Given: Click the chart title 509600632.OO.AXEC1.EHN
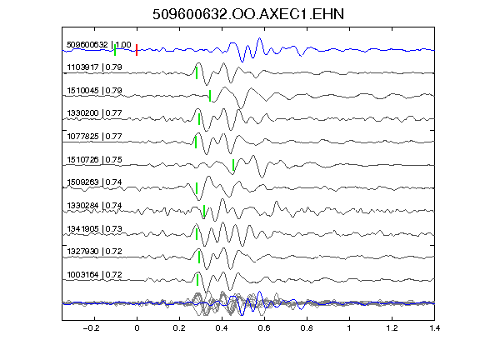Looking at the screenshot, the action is (248, 14).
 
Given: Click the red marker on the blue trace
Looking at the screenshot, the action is (137, 50).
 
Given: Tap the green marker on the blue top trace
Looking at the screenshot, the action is (115, 50).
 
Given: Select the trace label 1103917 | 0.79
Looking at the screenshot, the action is (95, 67).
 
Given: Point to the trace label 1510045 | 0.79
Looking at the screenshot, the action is (95, 91).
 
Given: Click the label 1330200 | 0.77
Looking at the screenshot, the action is (95, 113).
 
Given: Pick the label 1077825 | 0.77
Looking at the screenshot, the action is (95, 136).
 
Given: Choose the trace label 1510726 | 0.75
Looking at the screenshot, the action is (95, 159).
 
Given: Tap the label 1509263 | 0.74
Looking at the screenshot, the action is (95, 182).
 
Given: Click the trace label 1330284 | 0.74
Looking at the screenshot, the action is (95, 205).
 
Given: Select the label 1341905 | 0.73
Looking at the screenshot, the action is (95, 228).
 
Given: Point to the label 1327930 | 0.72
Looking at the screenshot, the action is (95, 252).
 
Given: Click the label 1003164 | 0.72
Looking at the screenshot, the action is (95, 275).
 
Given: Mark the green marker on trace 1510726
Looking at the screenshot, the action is (233, 165).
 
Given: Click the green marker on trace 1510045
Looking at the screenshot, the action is (210, 96).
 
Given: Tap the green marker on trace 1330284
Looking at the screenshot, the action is (204, 211).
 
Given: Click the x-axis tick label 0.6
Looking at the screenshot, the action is (264, 328).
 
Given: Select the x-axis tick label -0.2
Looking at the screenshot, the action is (92, 328).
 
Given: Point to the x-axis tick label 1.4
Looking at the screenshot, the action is (435, 328).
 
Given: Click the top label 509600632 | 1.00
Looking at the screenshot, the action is (99, 45).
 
